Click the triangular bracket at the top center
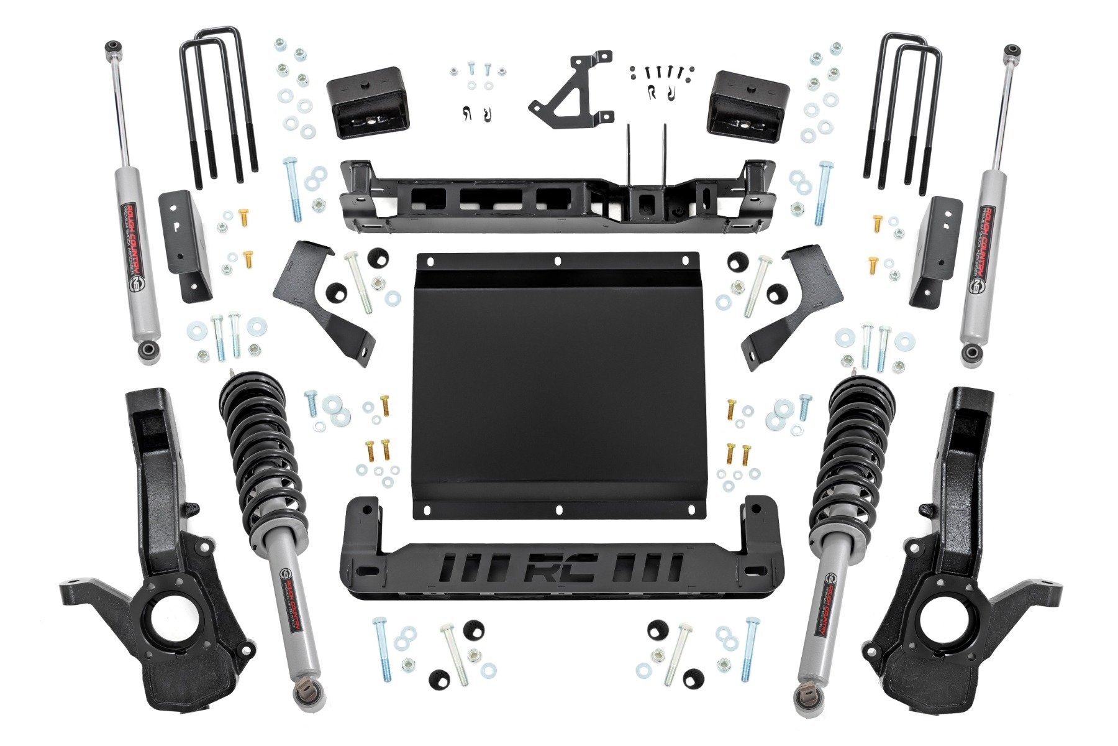pyautogui.click(x=570, y=90)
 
